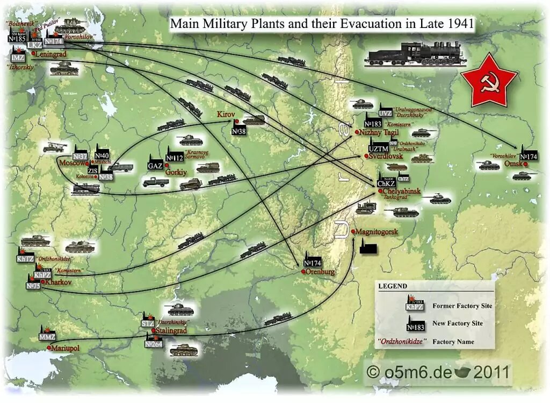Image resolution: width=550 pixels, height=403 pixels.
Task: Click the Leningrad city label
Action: (49, 55)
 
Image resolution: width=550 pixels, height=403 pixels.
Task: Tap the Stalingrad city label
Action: (171, 330)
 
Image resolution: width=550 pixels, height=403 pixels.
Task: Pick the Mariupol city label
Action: (65, 348)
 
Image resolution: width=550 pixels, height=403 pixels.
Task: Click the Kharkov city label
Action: (59, 282)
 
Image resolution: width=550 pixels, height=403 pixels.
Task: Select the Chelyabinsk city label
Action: (401, 191)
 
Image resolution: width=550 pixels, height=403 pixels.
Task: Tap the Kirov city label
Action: (226, 115)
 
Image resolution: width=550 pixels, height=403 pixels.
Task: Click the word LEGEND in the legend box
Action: (392, 286)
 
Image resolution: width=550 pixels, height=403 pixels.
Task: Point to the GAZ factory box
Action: (155, 165)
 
